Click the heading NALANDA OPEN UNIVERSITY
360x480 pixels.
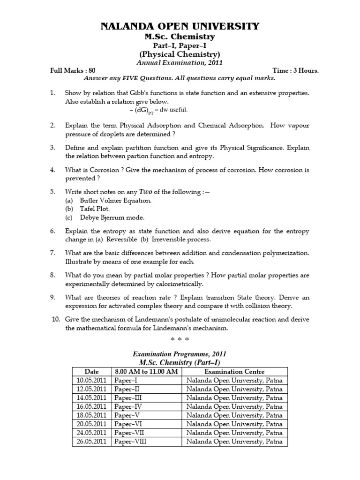point(180,26)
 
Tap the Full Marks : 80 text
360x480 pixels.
point(73,71)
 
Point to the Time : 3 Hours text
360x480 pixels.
point(295,71)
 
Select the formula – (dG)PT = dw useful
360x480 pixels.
point(157,110)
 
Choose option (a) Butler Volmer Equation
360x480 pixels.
point(108,201)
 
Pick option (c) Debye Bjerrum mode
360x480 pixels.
point(105,217)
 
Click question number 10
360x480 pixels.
point(56,320)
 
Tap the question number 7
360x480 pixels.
point(53,253)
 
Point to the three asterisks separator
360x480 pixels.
point(180,338)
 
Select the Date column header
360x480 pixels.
point(91,372)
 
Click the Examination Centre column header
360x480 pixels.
point(234,372)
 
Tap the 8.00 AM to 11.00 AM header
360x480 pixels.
point(146,372)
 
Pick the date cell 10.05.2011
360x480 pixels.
point(91,380)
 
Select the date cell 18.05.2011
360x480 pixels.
point(91,415)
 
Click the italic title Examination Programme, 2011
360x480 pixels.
point(180,354)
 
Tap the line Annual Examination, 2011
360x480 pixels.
point(180,62)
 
